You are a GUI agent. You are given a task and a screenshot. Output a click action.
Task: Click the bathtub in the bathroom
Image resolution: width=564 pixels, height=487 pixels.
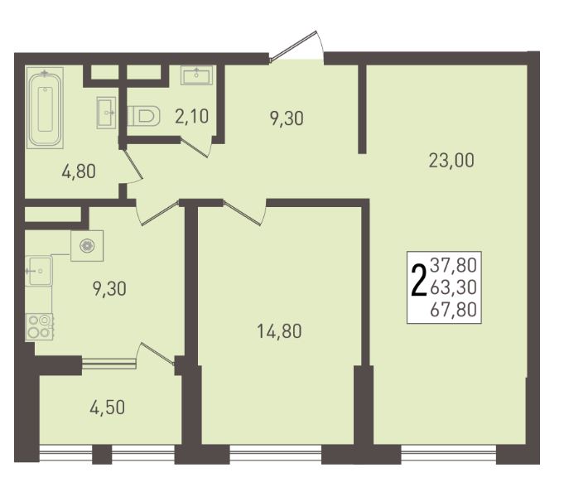point(45,108)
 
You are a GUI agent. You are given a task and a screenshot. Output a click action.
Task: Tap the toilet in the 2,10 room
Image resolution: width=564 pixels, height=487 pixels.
point(144,116)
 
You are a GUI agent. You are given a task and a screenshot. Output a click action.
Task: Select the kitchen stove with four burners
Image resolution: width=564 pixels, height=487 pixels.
point(39,326)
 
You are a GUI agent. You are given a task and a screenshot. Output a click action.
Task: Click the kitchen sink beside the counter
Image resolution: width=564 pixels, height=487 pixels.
point(39,271)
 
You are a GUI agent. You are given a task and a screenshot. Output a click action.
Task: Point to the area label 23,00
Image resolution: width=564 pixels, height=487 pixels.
point(451,161)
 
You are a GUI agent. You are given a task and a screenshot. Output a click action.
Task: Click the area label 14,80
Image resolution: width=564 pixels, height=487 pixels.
point(279,331)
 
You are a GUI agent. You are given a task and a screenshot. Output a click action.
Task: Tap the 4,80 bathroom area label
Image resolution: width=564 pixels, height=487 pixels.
point(79,171)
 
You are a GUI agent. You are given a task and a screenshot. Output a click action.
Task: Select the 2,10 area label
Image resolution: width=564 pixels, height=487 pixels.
point(191,117)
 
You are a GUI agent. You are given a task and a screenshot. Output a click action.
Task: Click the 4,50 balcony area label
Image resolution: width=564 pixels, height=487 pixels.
point(107,407)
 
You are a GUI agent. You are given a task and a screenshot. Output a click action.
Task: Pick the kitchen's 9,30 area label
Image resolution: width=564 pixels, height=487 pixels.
point(109,289)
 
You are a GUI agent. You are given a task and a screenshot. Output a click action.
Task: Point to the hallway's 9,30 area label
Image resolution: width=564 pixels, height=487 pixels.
point(287,118)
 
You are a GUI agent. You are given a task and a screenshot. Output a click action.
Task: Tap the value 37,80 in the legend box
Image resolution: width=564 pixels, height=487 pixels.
point(454,265)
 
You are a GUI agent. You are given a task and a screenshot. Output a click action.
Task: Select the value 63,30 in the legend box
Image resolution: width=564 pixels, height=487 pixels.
point(454,287)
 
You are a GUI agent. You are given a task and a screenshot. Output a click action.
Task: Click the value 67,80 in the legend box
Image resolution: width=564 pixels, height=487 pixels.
point(454,310)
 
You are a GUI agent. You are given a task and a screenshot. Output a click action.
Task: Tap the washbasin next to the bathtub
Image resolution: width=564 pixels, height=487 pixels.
point(106,113)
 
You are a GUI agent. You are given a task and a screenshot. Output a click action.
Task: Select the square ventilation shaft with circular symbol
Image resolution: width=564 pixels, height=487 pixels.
point(87,246)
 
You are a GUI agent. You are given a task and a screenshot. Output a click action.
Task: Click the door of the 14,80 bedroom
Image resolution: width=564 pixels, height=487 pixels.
point(244,213)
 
